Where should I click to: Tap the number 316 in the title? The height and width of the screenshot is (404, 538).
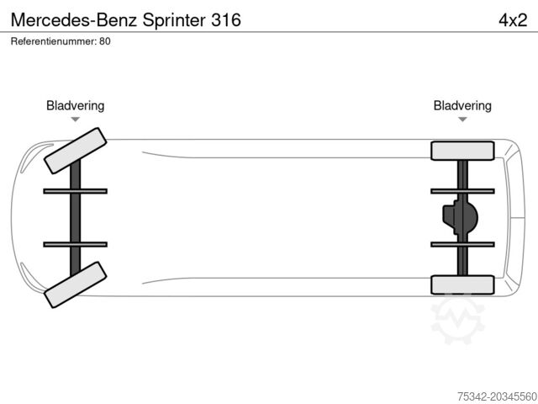tap(224, 19)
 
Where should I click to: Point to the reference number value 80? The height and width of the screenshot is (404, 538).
tap(105, 40)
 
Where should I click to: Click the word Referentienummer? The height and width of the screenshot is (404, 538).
tap(53, 40)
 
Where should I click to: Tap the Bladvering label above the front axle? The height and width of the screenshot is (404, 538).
tap(75, 105)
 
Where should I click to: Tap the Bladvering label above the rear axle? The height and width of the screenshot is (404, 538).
tap(462, 105)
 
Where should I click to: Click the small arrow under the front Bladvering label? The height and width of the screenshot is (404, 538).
tap(75, 120)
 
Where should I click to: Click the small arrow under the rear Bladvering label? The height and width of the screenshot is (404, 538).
tap(462, 120)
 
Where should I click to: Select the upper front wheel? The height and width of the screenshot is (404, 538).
tap(75, 148)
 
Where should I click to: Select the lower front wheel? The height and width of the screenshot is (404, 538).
tap(75, 284)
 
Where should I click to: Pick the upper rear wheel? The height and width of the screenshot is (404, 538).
tap(462, 151)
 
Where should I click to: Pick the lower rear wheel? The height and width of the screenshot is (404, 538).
tap(462, 284)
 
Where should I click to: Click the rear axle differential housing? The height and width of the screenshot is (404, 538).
tap(460, 217)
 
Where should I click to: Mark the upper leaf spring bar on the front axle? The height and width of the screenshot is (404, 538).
tap(75, 191)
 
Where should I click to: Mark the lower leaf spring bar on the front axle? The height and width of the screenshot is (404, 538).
tap(75, 244)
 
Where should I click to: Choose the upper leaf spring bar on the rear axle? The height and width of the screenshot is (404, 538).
tap(462, 191)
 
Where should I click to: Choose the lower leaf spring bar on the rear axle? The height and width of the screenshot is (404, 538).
tap(462, 244)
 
